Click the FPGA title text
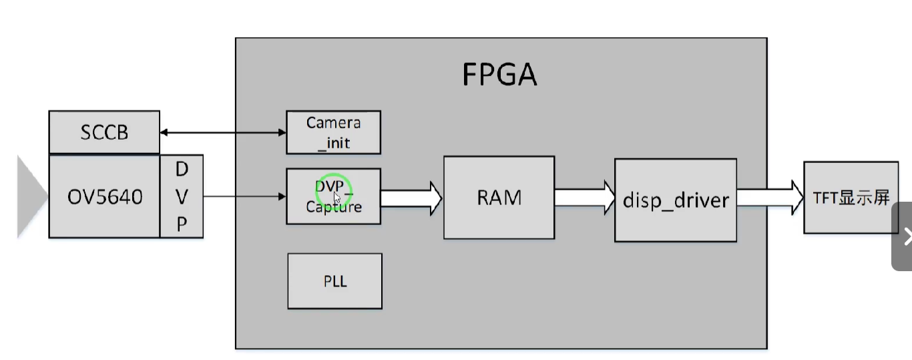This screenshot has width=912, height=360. [499, 75]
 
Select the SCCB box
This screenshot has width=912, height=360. [104, 132]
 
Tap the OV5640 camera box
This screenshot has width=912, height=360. [105, 197]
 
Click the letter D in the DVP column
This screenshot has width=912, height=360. [182, 170]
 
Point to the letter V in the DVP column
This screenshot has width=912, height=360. [182, 197]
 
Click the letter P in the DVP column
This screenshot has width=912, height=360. [182, 224]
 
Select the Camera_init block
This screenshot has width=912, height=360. [333, 132]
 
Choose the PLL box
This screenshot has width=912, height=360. [334, 281]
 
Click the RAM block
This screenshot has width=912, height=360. [499, 198]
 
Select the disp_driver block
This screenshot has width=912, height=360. [675, 200]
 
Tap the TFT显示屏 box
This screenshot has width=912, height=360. [851, 198]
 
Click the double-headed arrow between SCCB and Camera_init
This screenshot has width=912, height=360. [223, 133]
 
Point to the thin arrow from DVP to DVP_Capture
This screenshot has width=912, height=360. [244, 196]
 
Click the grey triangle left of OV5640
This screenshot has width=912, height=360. [30, 197]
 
